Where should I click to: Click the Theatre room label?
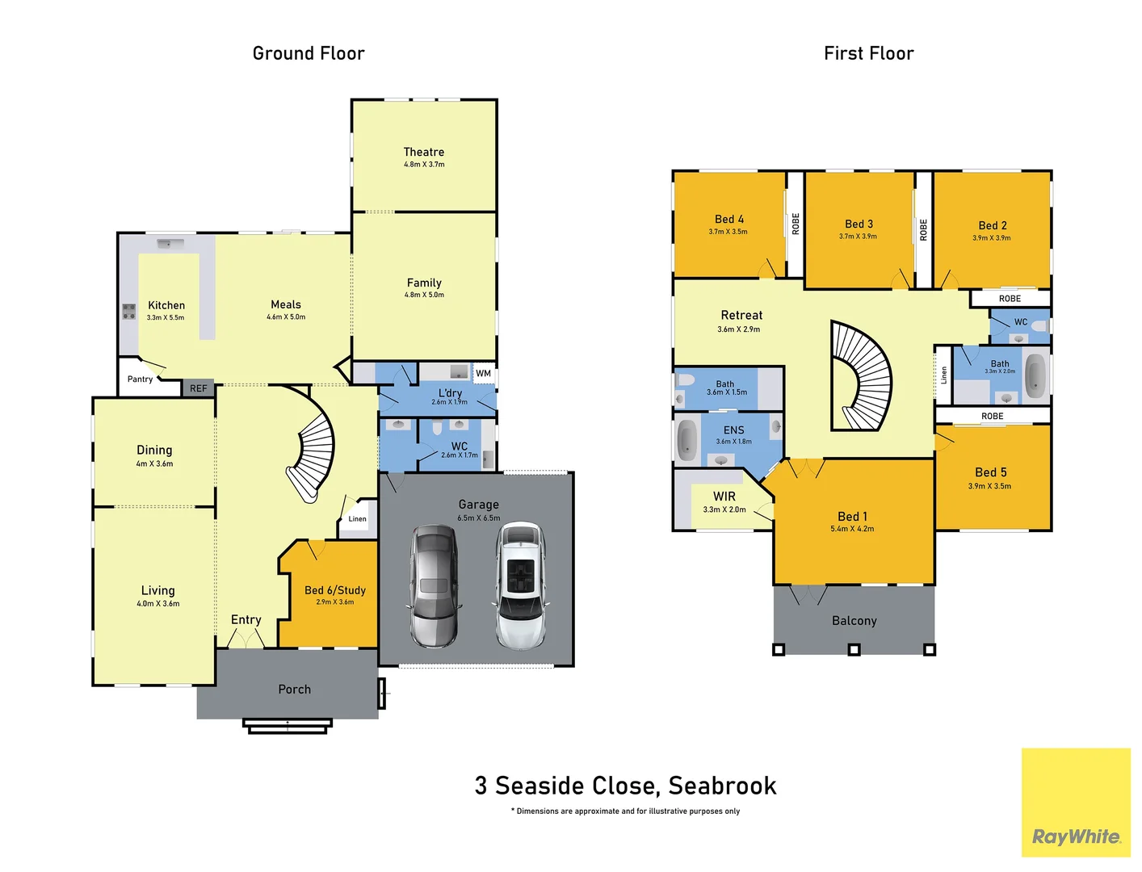point(423,152)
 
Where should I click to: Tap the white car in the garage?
point(519,585)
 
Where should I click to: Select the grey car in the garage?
point(435,585)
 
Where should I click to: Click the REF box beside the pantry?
point(198,388)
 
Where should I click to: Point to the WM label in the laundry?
point(483,373)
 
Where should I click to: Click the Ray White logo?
point(1076,836)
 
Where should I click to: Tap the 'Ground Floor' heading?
point(309,53)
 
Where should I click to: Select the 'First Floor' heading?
point(868,53)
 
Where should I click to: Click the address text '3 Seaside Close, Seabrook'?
point(625,786)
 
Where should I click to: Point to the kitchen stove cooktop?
point(128,311)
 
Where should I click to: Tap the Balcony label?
point(854,621)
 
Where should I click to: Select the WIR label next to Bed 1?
point(724,497)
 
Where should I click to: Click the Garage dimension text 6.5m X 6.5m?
point(478,518)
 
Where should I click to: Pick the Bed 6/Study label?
point(334,590)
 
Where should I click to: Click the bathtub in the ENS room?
point(686,440)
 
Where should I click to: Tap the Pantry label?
point(140,379)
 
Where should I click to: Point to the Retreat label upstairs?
point(741,316)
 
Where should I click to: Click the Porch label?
point(294,690)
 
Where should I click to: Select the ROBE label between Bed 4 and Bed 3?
point(795,224)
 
